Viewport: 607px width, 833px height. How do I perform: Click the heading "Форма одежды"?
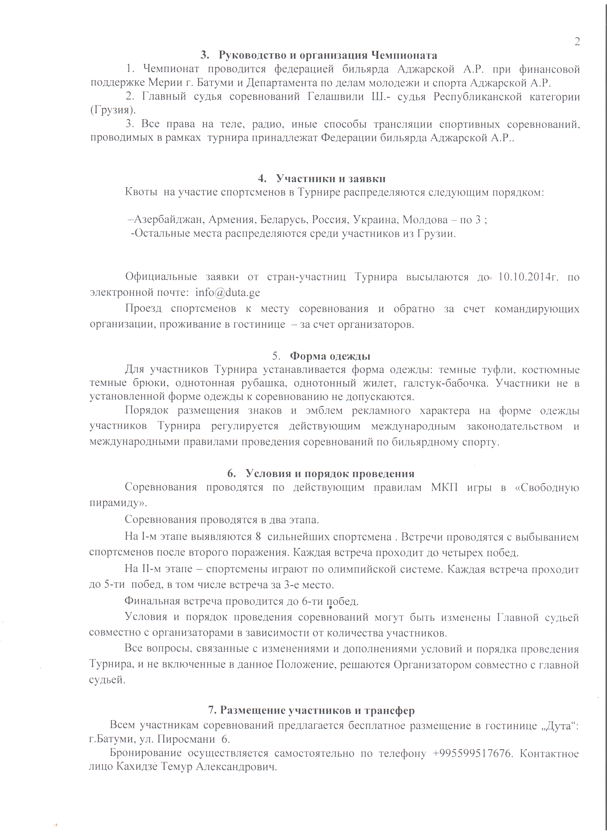tap(330, 356)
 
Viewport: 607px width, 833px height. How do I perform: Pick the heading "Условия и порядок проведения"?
tap(330, 473)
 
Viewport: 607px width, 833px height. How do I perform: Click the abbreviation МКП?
tap(444, 488)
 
